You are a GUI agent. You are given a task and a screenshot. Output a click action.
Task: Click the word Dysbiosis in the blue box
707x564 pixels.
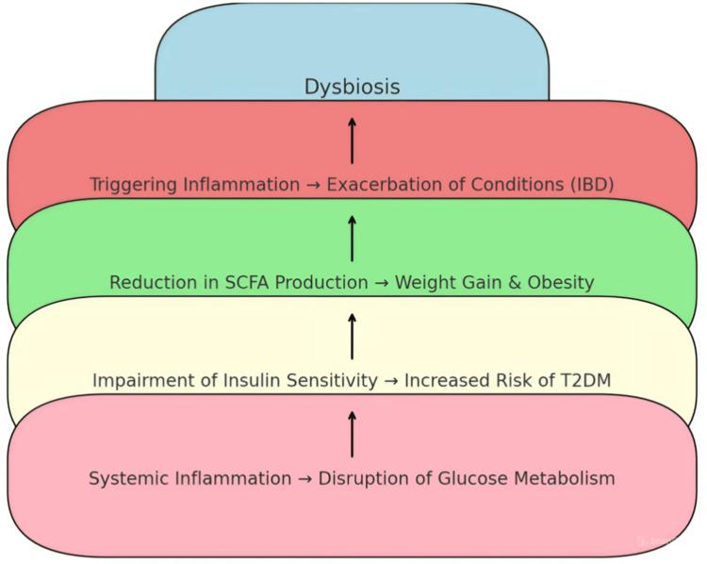click(352, 87)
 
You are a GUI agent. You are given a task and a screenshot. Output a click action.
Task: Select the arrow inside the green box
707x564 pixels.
click(352, 238)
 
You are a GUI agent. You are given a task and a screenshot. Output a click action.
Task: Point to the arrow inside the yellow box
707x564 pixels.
click(352, 336)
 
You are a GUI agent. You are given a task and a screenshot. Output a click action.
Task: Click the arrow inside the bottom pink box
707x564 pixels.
click(352, 434)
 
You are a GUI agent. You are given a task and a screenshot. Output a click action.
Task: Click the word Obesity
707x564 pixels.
click(560, 283)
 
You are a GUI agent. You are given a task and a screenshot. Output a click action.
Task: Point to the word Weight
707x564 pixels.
click(424, 283)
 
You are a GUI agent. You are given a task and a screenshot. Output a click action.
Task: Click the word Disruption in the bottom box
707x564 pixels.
click(363, 479)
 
